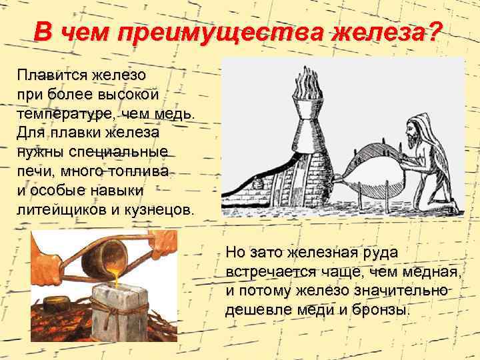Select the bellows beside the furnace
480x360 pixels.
pyautogui.click(x=370, y=174)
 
